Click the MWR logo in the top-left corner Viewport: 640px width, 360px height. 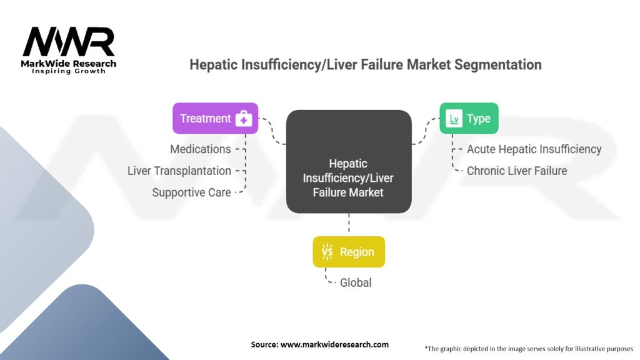(x=69, y=42)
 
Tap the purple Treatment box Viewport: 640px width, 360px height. (x=215, y=118)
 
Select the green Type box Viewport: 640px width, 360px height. (x=469, y=118)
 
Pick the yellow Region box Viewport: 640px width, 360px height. (x=349, y=252)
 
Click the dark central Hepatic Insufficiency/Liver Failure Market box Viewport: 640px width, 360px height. (x=348, y=161)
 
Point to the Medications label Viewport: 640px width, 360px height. (x=200, y=149)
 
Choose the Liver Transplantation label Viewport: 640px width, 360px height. (x=179, y=171)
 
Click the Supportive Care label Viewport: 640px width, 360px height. (x=191, y=192)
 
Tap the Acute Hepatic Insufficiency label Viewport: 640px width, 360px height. (x=534, y=149)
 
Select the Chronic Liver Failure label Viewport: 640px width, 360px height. (x=517, y=171)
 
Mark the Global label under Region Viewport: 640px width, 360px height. (x=356, y=282)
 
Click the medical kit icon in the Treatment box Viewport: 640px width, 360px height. (x=243, y=119)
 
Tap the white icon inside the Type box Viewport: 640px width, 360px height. (x=456, y=119)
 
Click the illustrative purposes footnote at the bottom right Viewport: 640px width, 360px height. (x=529, y=348)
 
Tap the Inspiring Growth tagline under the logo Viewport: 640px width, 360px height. (x=69, y=71)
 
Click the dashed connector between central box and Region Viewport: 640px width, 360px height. (x=349, y=224)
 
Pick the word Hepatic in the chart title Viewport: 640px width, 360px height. (x=211, y=64)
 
